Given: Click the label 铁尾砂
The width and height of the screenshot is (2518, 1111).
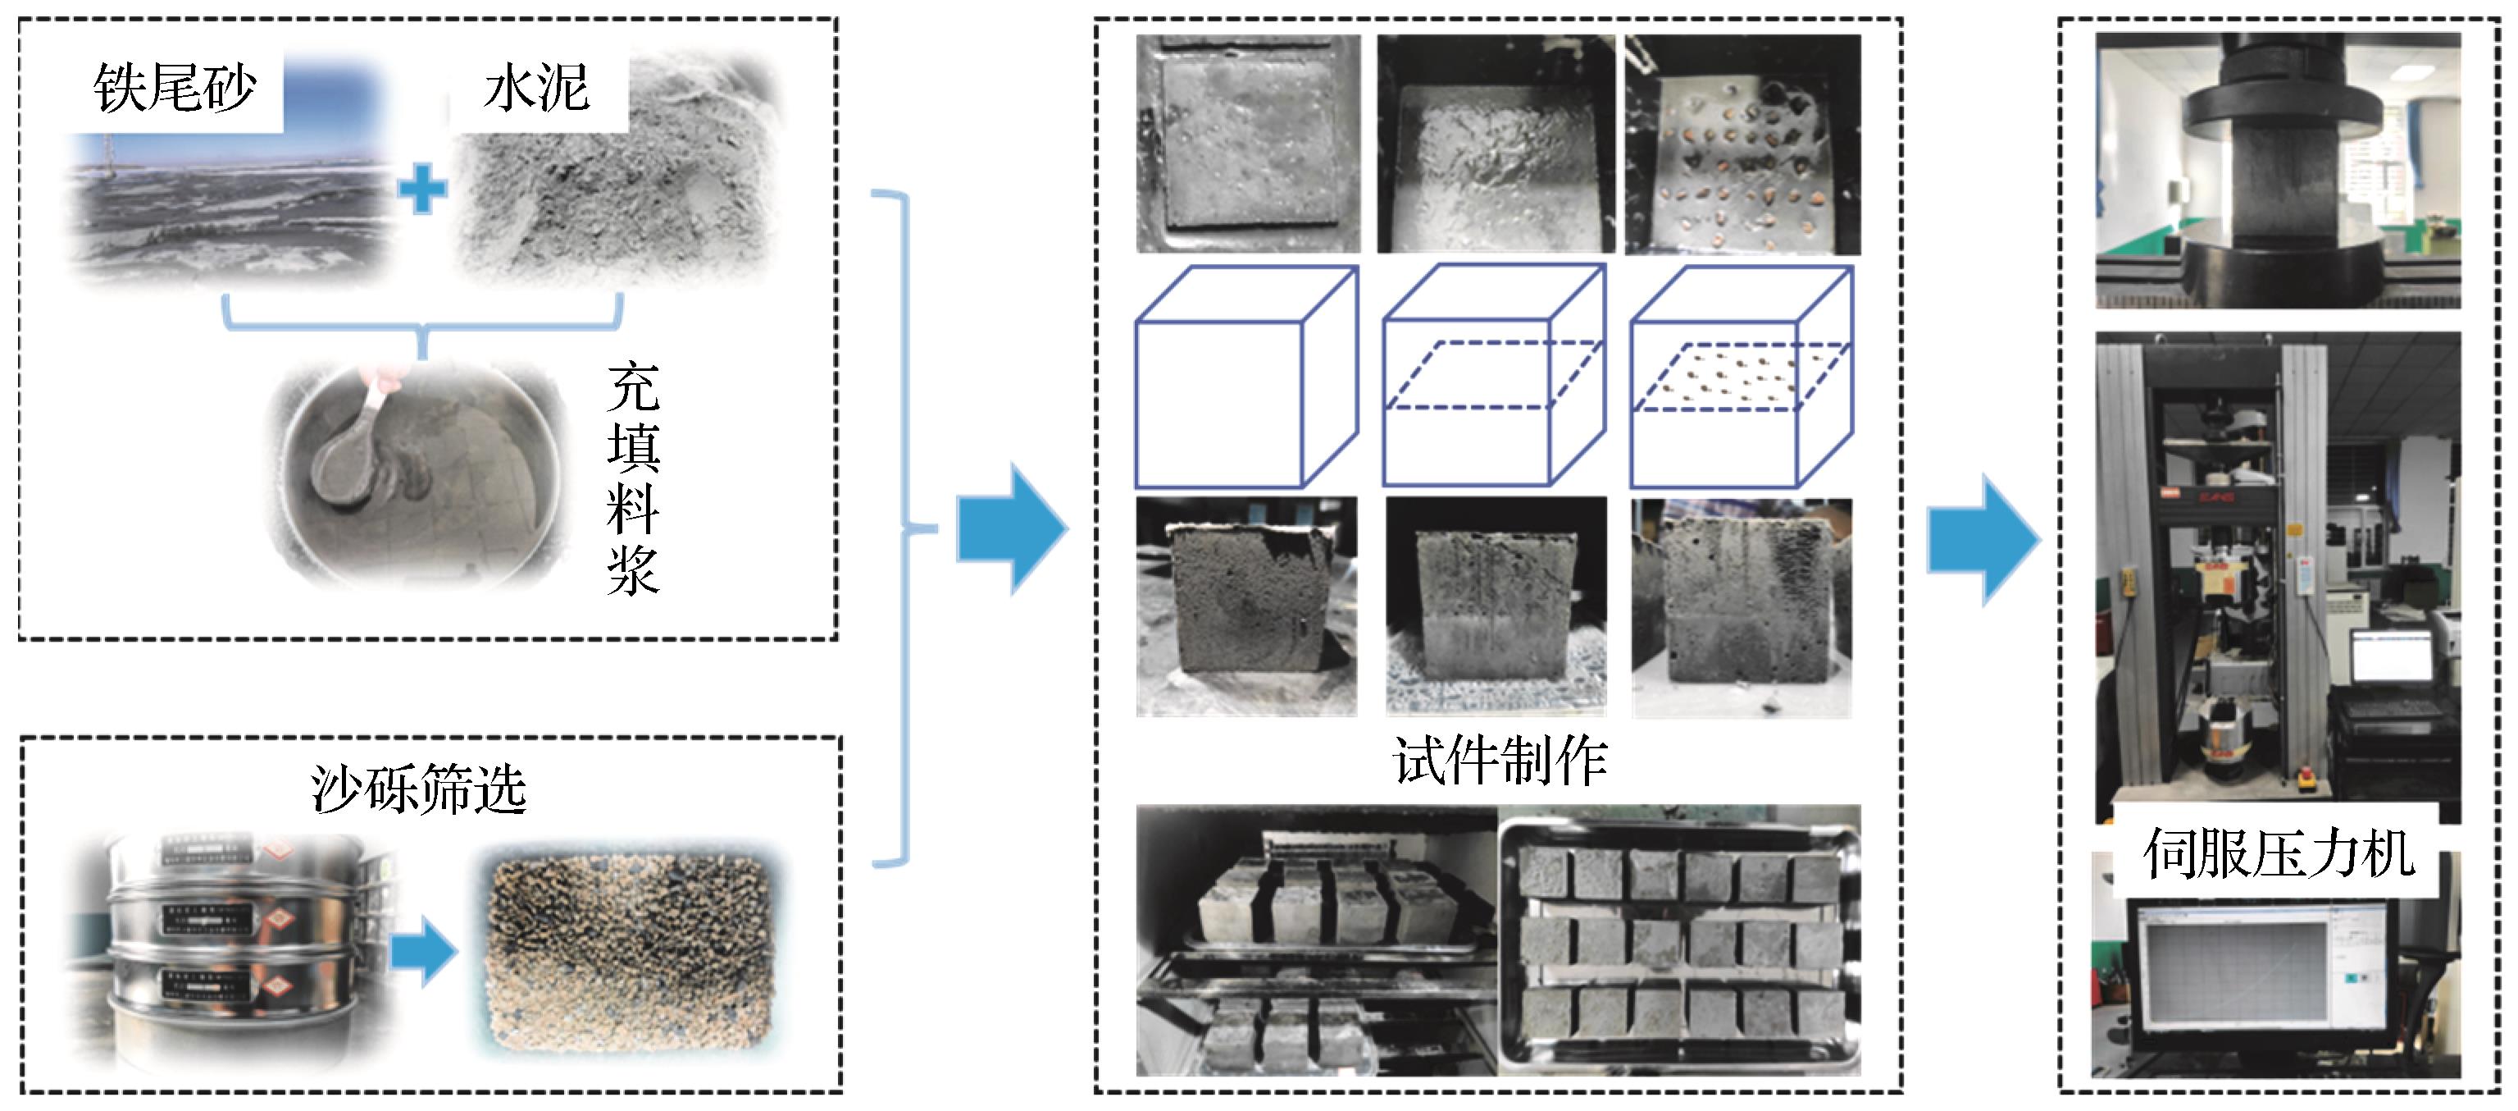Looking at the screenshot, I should click(175, 89).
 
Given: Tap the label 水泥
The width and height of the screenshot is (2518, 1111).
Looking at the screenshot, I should click(536, 89).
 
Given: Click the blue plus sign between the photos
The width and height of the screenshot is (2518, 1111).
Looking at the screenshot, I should click(423, 190).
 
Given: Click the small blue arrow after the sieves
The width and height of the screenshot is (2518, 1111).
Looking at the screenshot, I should click(423, 951).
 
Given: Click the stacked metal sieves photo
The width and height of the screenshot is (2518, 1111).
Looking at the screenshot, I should click(230, 953).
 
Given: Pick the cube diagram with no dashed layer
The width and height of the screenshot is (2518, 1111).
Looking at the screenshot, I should click(1245, 377).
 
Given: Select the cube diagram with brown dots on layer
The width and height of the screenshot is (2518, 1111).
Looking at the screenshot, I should click(1741, 377).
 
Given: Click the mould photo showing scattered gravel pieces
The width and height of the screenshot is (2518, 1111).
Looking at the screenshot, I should click(1742, 144).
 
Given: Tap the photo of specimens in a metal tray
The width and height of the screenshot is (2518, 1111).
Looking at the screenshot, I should click(1679, 941).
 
